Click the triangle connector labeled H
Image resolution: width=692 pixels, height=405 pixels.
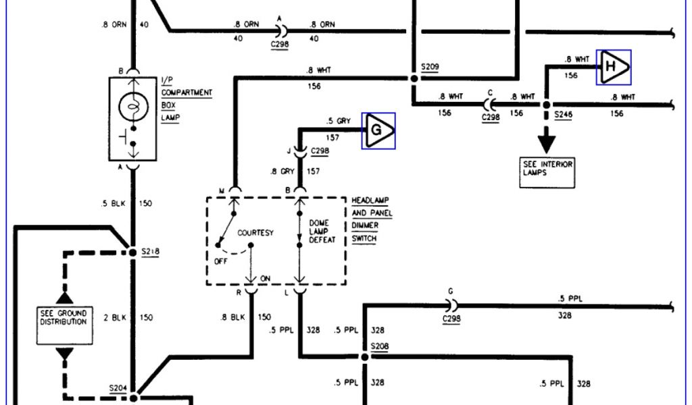click(x=613, y=67)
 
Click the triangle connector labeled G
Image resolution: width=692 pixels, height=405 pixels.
click(x=378, y=130)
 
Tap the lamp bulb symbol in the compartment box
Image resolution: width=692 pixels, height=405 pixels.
click(x=133, y=107)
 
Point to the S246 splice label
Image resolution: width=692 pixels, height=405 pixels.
click(x=563, y=116)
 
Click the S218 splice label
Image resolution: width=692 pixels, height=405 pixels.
click(x=150, y=252)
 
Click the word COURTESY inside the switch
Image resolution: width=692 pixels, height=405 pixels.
click(x=255, y=233)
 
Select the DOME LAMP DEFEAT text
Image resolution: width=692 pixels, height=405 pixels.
click(x=322, y=231)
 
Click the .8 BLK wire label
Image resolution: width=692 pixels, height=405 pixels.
click(x=232, y=317)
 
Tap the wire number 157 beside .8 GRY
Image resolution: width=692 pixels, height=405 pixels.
click(x=313, y=171)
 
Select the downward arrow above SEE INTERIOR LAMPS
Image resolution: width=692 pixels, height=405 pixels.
click(x=546, y=140)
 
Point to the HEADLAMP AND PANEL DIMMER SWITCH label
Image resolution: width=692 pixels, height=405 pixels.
click(x=372, y=220)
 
